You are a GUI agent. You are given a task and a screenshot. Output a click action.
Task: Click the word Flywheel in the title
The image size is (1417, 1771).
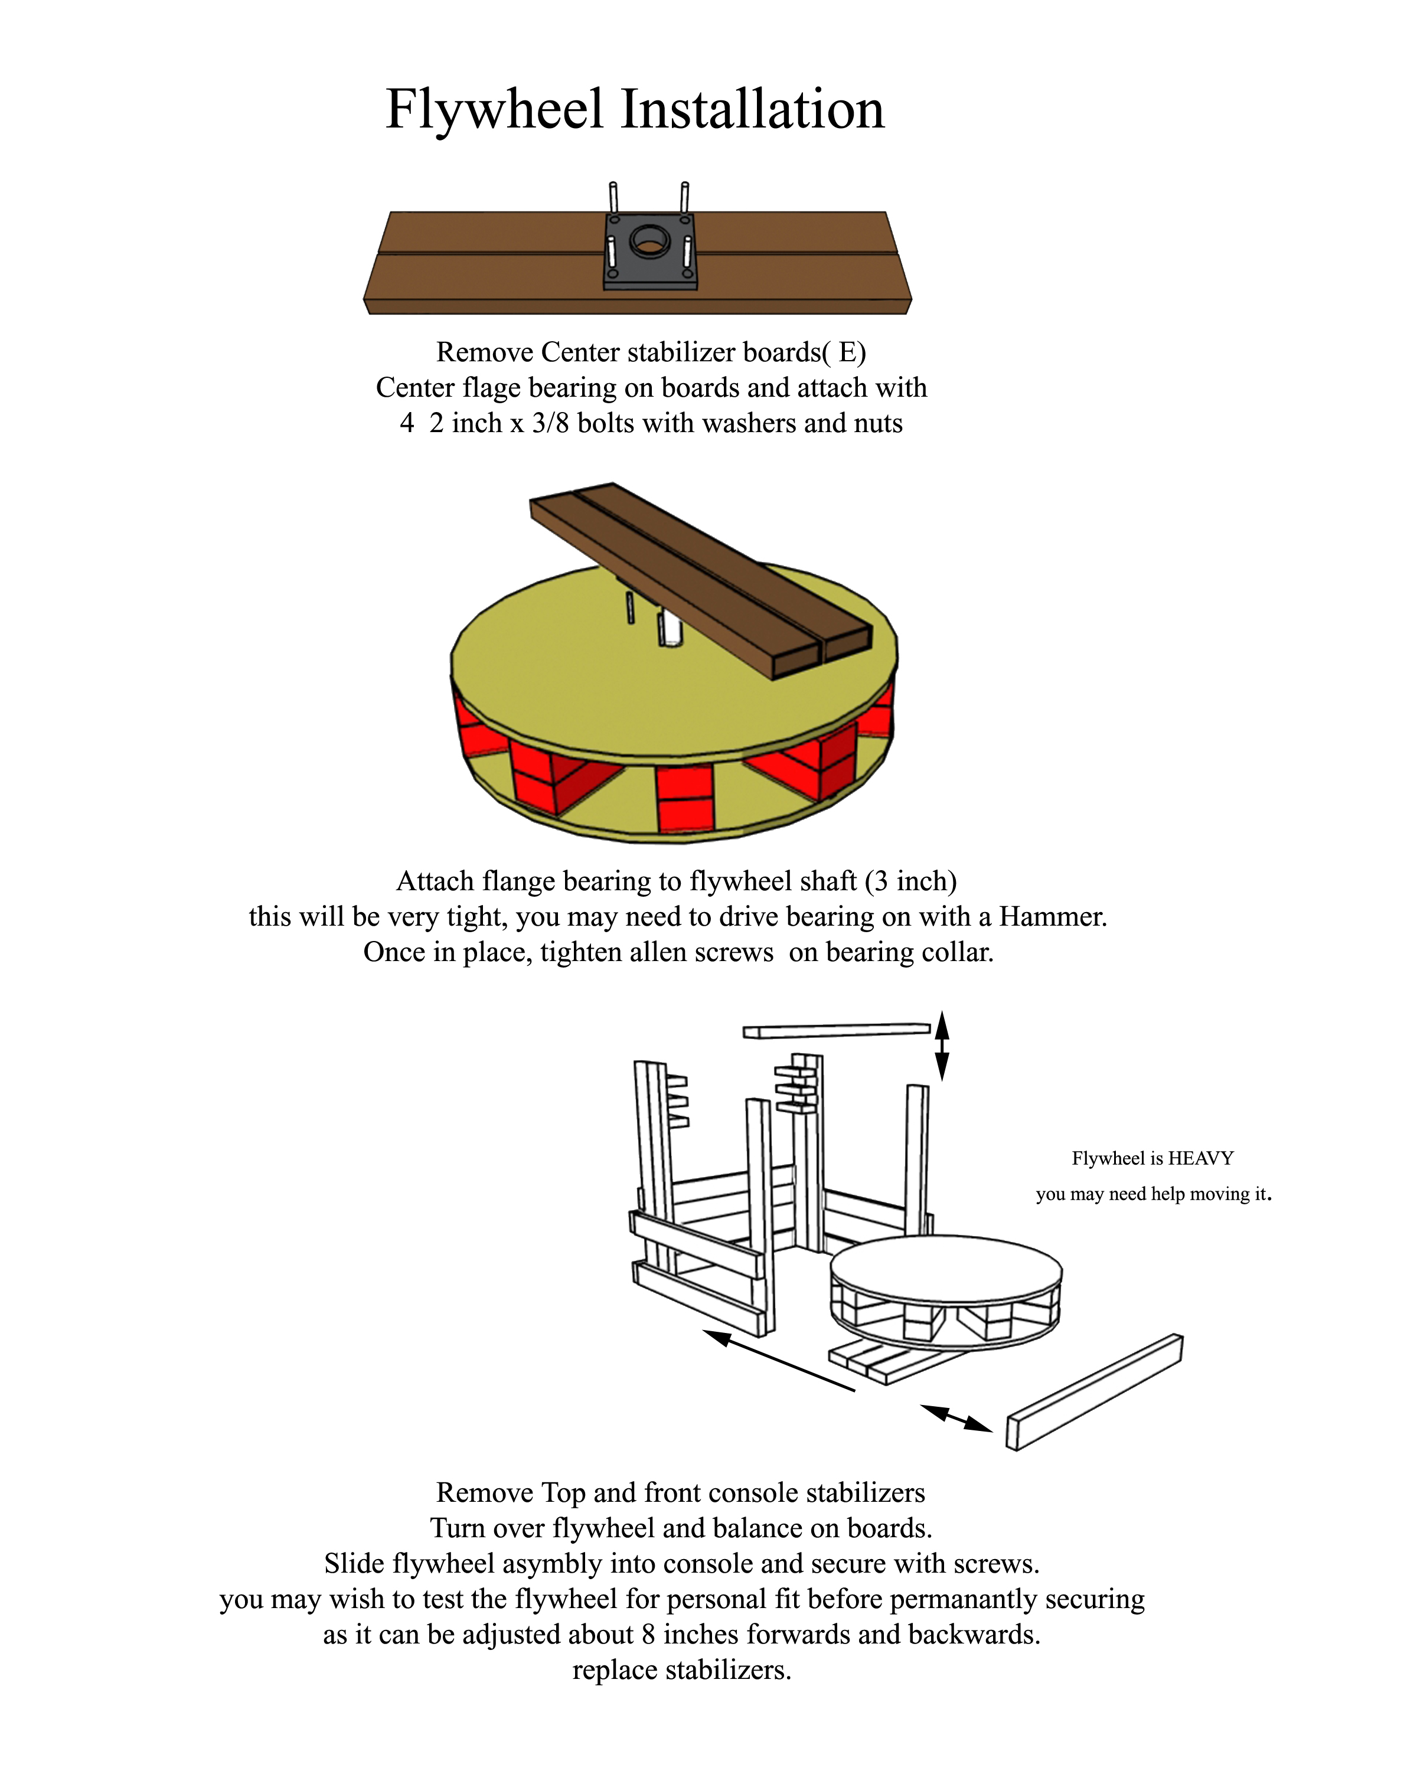495,109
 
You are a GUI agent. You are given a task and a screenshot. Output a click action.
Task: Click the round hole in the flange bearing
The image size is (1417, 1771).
650,240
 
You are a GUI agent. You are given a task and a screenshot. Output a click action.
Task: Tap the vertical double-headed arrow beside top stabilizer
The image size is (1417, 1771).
942,1045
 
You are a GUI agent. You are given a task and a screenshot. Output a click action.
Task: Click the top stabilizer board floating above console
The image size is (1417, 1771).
836,1030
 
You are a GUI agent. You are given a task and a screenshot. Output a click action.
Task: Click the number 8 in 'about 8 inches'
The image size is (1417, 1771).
648,1635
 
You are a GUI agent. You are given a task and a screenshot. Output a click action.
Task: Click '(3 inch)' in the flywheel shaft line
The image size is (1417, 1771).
910,881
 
